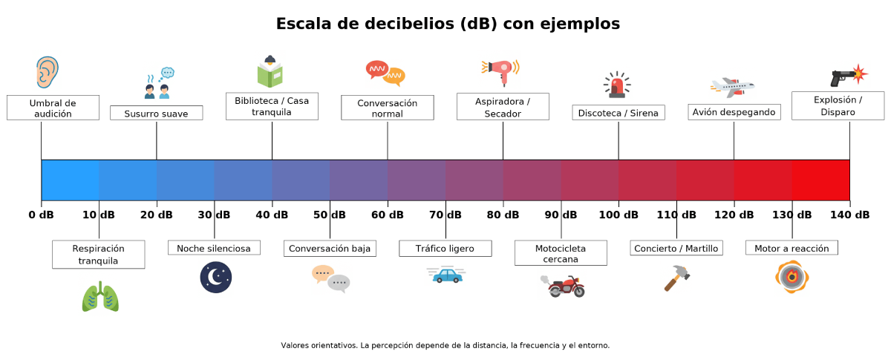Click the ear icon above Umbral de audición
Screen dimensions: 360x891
coord(48,73)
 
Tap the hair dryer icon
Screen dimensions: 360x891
coord(501,73)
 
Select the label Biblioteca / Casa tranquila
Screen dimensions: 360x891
coord(272,106)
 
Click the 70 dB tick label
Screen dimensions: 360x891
coord(446,215)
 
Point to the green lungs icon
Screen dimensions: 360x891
coord(99,297)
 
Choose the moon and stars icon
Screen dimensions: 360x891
coord(215,278)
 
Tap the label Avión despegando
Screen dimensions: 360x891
coord(734,112)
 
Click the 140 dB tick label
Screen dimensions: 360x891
coord(849,215)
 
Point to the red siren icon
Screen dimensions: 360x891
coord(617,85)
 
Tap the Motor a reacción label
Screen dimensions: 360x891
coord(792,248)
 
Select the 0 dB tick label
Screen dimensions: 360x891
coord(42,215)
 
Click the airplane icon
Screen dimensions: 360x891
coord(732,87)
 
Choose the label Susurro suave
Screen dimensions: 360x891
coord(156,114)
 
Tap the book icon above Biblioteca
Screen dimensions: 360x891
coord(270,72)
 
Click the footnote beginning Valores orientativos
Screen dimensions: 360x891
coord(445,346)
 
